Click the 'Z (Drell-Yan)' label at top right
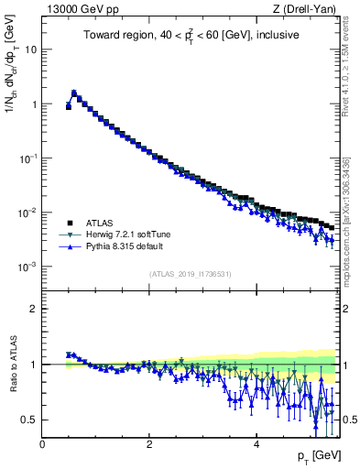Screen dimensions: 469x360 tap(311, 10)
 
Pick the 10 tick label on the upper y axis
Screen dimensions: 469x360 tap(30, 49)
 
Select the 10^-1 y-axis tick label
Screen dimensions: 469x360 tap(28, 158)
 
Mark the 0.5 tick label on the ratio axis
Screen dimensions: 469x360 tap(29, 420)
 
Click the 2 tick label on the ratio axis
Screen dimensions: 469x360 tap(33, 309)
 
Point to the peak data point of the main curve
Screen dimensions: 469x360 tap(74, 93)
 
